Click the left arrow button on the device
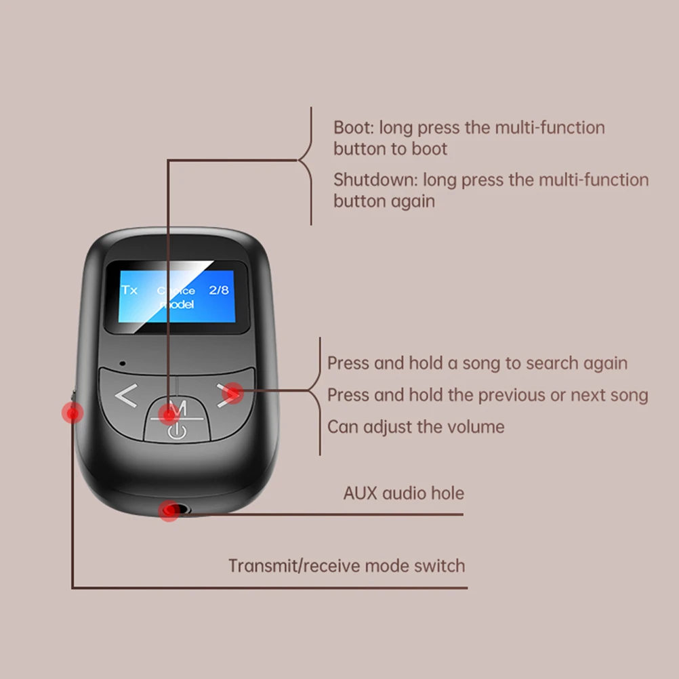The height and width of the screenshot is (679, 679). [126, 396]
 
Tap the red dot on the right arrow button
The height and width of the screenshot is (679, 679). [232, 392]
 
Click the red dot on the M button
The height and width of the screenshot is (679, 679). [168, 413]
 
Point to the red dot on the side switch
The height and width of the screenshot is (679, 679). [72, 412]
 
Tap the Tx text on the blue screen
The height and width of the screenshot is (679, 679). [129, 290]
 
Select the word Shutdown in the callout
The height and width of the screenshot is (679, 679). [375, 180]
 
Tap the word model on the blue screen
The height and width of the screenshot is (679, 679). [176, 305]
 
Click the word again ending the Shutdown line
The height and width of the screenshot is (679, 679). [412, 201]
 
